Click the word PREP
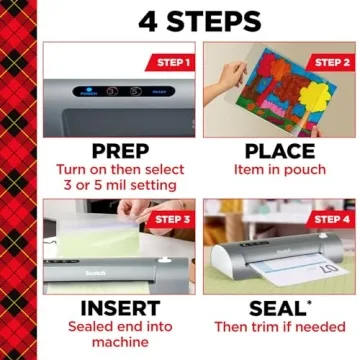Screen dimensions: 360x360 point(120,150)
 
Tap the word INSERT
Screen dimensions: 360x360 point(120,307)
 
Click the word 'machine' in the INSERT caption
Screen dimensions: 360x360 point(120,345)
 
